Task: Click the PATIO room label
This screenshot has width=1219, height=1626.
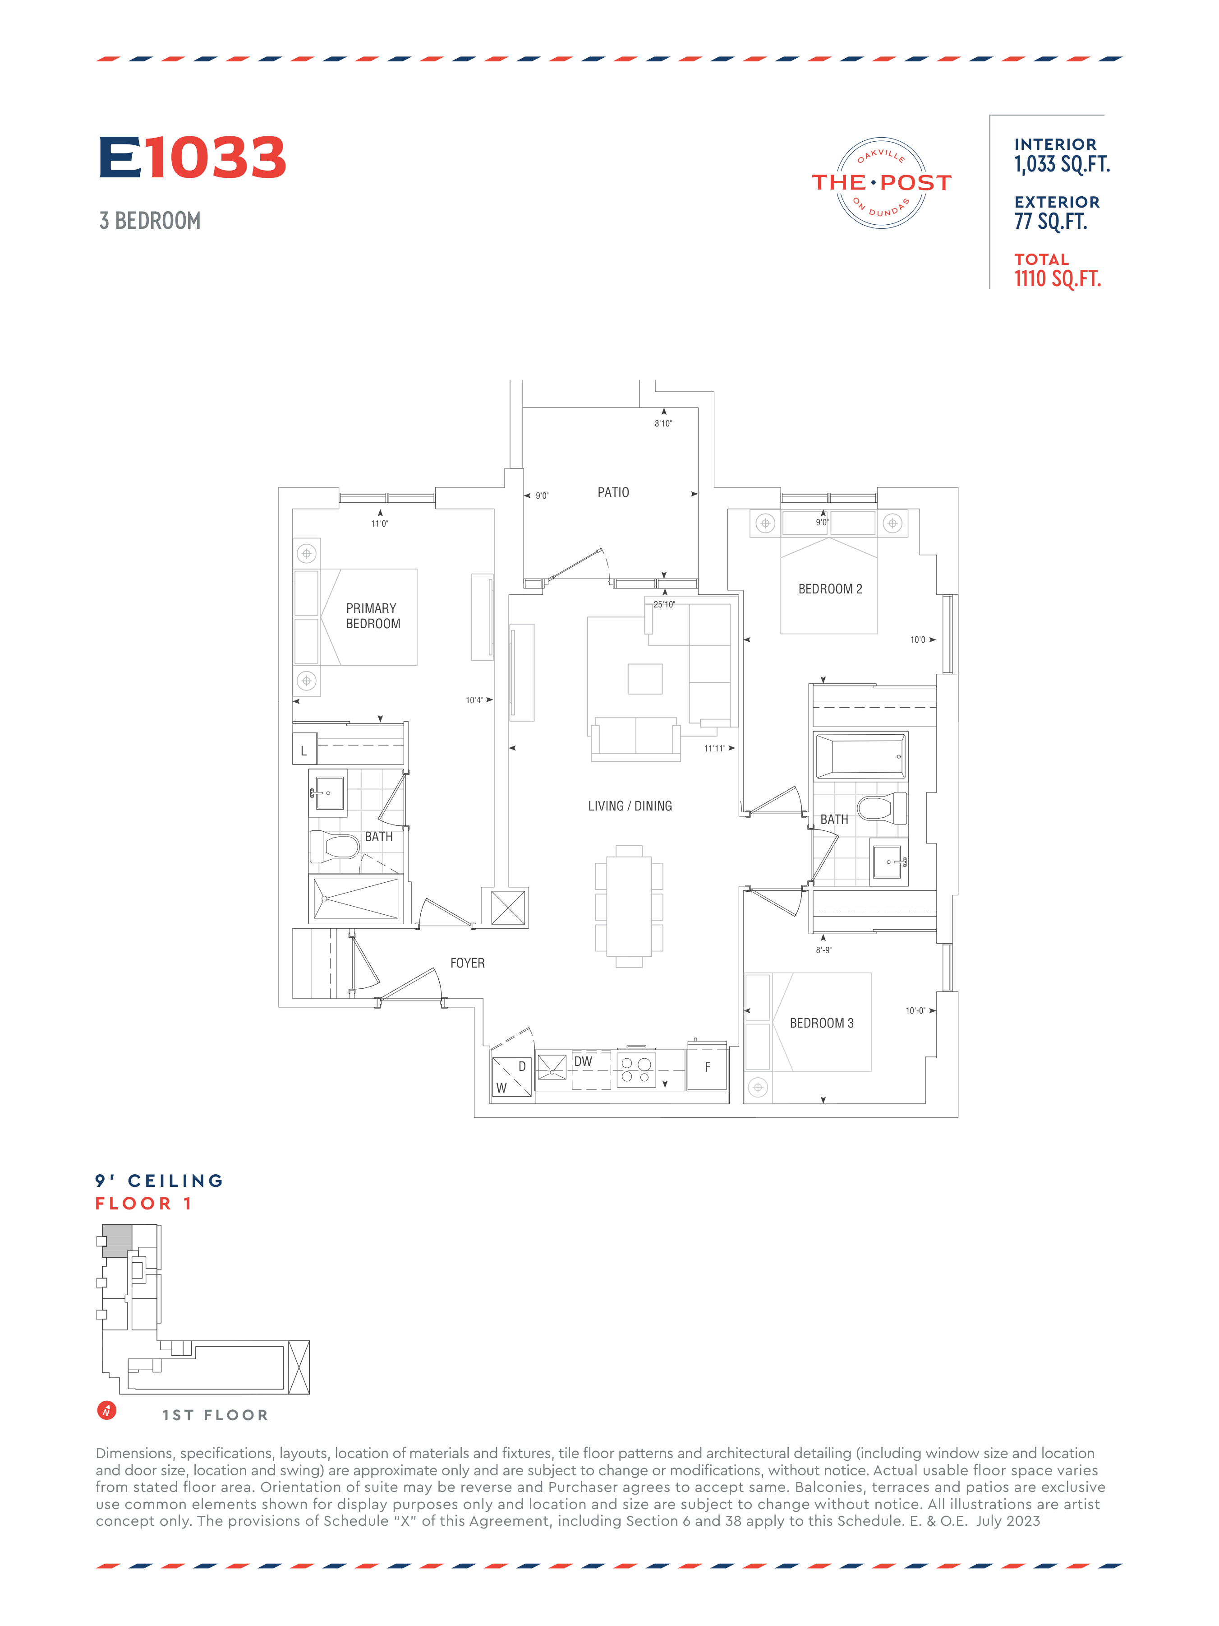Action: [x=613, y=492]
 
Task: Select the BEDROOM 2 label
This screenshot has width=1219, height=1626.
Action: [x=830, y=589]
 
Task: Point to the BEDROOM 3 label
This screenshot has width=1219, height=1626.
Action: [x=822, y=1023]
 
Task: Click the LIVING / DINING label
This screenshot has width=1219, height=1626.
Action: [x=630, y=806]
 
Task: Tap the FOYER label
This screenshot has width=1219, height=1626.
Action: [x=467, y=963]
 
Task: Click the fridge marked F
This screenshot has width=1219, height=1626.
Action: [x=707, y=1067]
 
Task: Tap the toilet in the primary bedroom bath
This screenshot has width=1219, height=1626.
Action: [x=334, y=847]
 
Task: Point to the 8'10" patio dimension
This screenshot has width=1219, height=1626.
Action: [x=663, y=423]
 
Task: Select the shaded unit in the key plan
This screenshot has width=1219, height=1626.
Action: [x=117, y=1241]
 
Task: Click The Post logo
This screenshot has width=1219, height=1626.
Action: [x=881, y=182]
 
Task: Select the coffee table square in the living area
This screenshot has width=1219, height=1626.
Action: [x=645, y=678]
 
